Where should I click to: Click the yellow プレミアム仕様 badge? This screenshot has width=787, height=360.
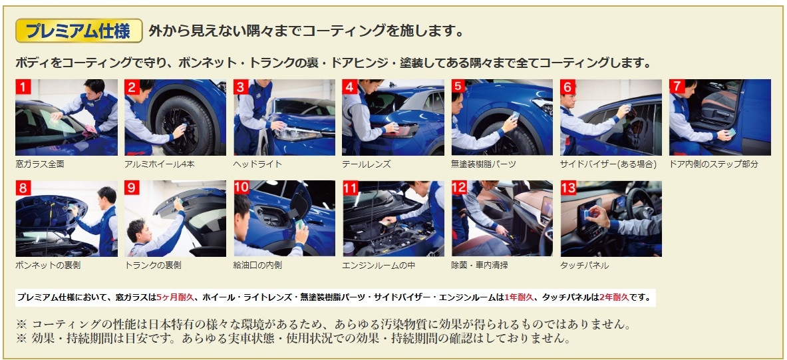click(79, 31)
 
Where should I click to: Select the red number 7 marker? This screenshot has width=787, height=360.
click(677, 87)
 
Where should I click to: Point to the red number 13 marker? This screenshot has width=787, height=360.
click(569, 188)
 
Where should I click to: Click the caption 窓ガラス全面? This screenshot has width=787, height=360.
click(40, 164)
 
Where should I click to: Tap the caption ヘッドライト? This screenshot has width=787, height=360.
click(258, 164)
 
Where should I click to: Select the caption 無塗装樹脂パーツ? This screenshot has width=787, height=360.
click(484, 164)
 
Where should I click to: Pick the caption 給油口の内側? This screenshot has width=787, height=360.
click(258, 266)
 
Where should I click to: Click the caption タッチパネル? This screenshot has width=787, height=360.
click(585, 266)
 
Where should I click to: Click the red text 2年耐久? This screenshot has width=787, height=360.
click(614, 297)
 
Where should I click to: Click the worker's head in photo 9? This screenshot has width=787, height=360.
click(136, 230)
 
